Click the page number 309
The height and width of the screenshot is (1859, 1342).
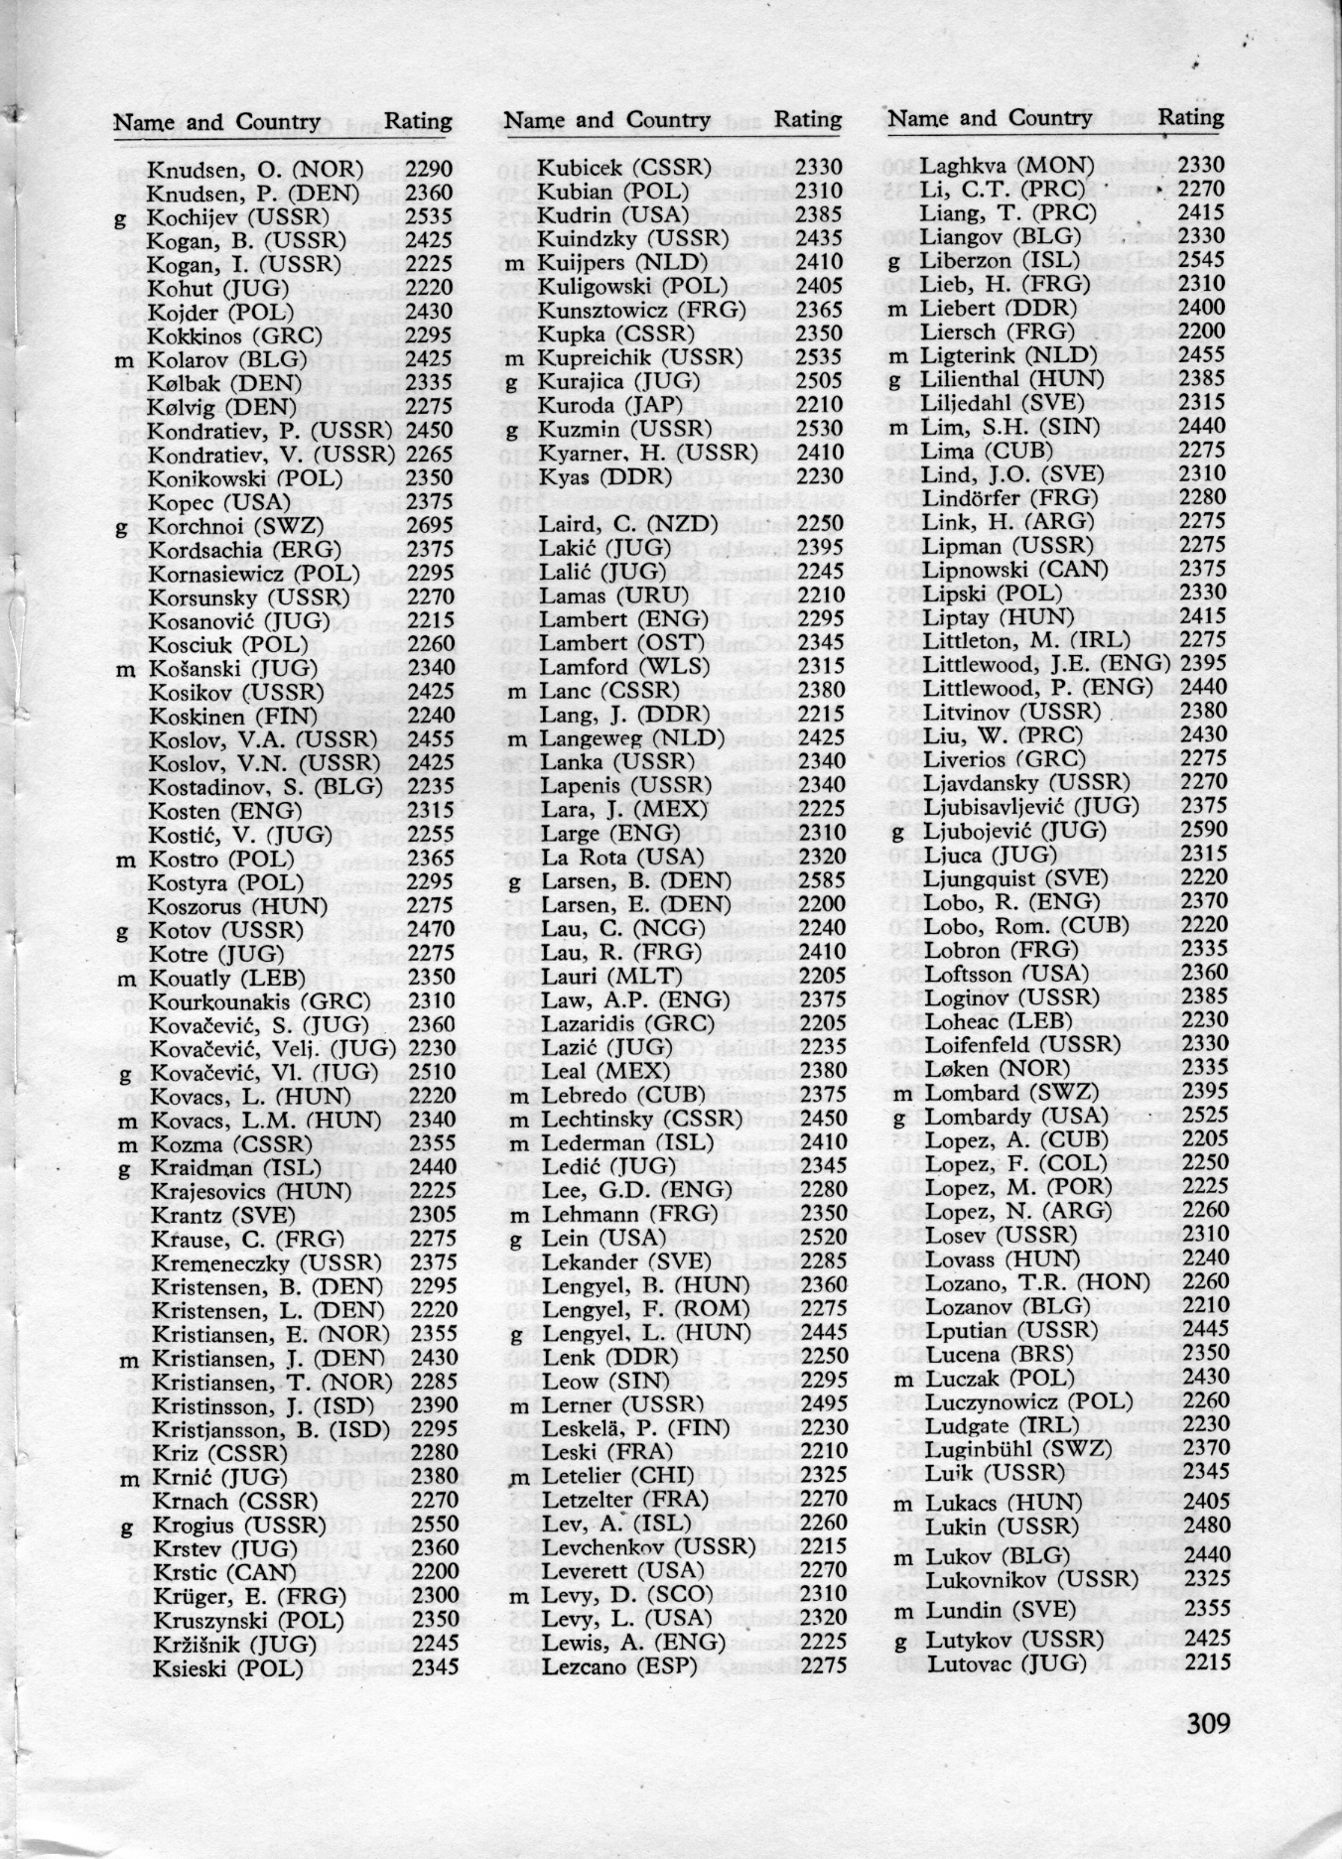click(x=1208, y=1721)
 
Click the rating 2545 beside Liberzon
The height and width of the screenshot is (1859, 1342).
click(x=1202, y=260)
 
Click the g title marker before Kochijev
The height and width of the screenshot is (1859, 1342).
click(x=121, y=217)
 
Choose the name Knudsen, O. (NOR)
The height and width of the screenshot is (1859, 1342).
click(x=255, y=170)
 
